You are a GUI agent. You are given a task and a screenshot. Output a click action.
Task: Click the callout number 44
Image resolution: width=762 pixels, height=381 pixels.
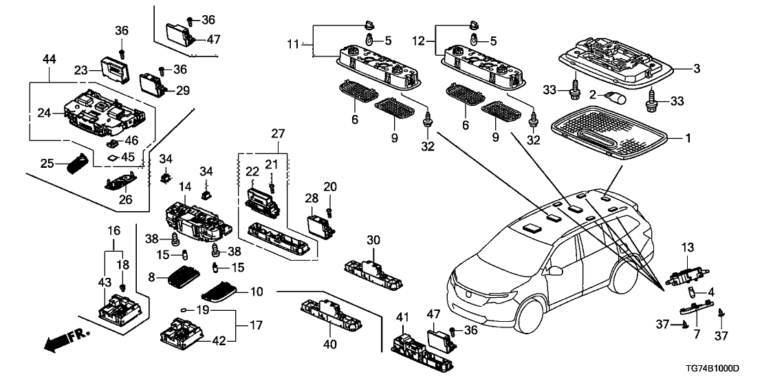49,61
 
